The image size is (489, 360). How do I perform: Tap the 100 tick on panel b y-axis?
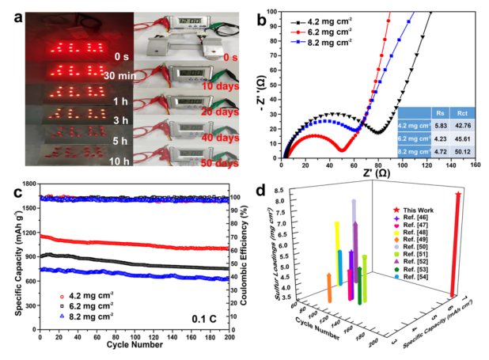click(271, 11)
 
